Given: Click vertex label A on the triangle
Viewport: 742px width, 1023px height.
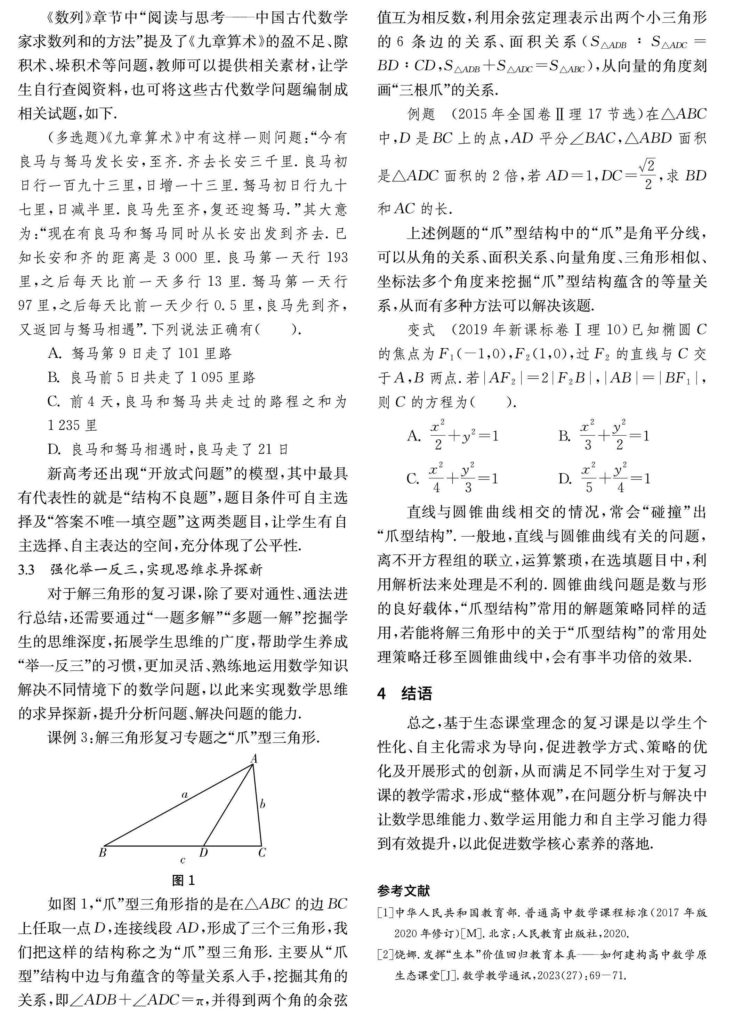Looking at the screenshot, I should [254, 759].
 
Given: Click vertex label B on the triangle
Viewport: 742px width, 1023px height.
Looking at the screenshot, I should [102, 852].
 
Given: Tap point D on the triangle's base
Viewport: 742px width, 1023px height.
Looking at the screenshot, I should [203, 852].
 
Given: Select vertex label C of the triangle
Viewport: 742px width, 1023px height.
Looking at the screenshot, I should [262, 852].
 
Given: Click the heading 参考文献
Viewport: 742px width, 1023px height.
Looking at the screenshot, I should [404, 891].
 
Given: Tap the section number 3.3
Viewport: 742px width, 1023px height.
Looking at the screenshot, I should [27, 570].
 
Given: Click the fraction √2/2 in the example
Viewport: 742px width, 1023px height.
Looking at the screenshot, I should [648, 175].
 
